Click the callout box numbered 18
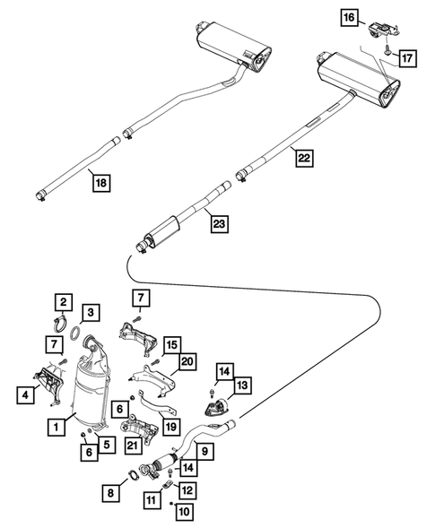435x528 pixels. pos(101,184)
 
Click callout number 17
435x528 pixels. pos(406,59)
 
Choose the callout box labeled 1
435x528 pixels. pos(57,428)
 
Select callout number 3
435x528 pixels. pos(91,312)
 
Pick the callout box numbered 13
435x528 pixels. pos(244,385)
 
